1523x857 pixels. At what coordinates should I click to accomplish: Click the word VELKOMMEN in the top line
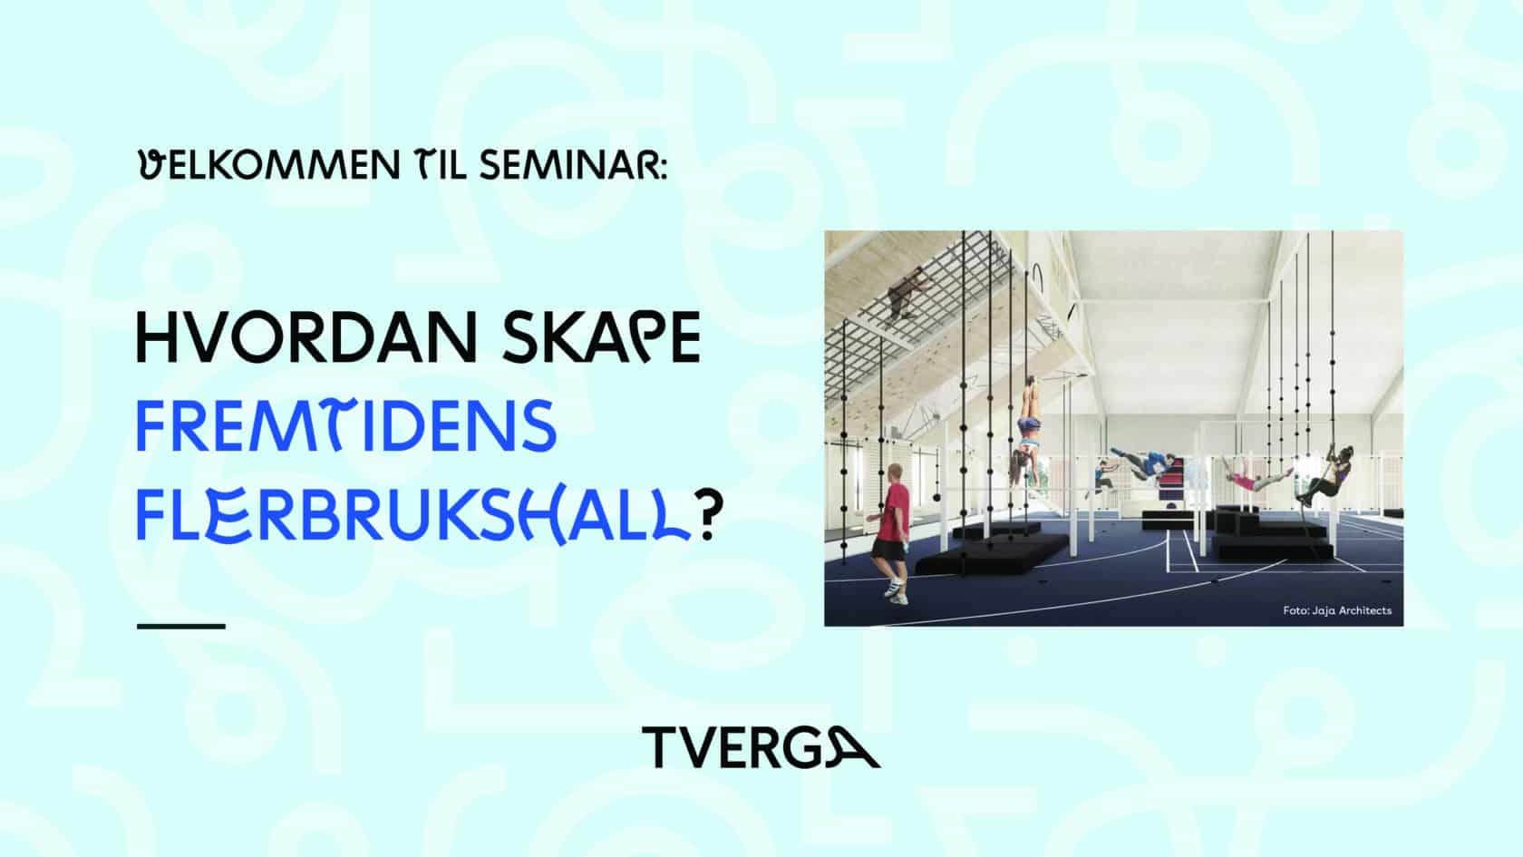pyautogui.click(x=269, y=165)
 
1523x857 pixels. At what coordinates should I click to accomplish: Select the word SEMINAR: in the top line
pyautogui.click(x=573, y=165)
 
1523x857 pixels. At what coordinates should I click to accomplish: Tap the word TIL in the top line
pyautogui.click(x=440, y=165)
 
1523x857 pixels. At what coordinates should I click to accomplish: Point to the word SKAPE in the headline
pyautogui.click(x=601, y=337)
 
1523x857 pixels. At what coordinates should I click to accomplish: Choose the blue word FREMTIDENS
pyautogui.click(x=346, y=426)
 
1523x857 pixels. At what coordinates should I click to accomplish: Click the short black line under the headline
pyautogui.click(x=181, y=626)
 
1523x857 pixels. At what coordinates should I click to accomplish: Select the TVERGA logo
pyautogui.click(x=761, y=747)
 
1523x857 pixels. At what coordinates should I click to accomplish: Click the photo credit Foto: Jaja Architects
pyautogui.click(x=1336, y=610)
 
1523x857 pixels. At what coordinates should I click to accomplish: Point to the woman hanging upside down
pyautogui.click(x=1026, y=428)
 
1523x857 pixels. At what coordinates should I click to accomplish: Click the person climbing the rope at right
pyautogui.click(x=1325, y=476)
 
